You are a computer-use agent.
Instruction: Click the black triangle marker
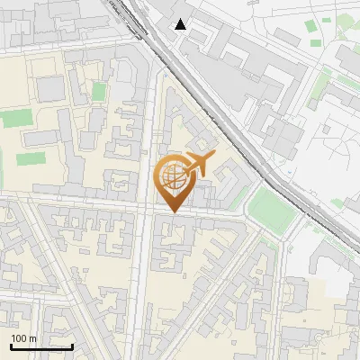point(181,24)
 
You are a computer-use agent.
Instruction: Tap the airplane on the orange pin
point(200,163)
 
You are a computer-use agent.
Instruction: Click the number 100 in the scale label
point(19,338)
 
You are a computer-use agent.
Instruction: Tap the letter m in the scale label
point(32,338)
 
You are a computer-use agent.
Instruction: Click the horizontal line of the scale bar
point(41,346)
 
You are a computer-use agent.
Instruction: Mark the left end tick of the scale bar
point(11,345)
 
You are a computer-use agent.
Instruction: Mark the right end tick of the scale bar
point(72,345)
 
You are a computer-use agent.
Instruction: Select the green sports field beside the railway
point(274,208)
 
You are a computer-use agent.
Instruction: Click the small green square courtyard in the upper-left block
point(98,92)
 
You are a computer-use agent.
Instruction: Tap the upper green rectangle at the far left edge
point(13,118)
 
